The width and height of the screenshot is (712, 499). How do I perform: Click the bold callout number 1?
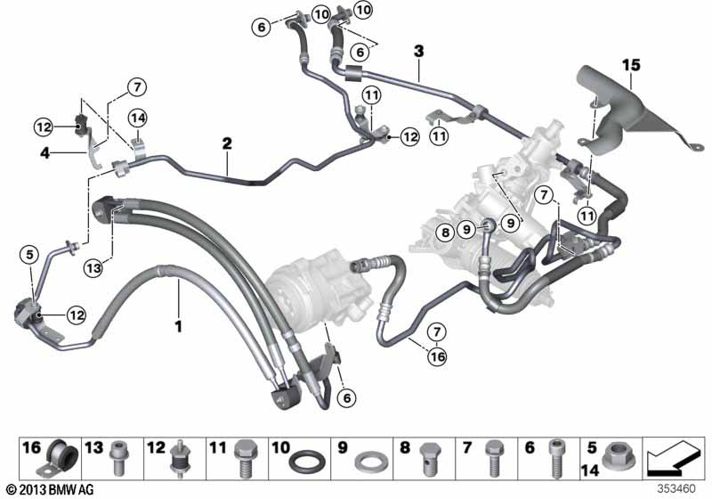tap(179, 326)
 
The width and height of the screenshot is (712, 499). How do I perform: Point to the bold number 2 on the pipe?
tap(227, 144)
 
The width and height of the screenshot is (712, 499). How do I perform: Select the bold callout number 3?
tap(418, 51)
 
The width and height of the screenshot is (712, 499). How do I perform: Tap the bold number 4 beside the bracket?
tap(45, 153)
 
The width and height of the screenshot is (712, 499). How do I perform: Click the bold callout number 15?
tap(631, 65)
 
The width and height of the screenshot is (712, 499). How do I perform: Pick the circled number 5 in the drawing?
tap(29, 255)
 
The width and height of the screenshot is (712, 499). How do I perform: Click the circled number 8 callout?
tap(446, 233)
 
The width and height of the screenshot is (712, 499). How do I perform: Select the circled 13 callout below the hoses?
tap(93, 268)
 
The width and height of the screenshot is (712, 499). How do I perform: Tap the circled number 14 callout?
tap(138, 119)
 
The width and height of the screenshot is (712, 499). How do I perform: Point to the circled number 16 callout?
tap(437, 356)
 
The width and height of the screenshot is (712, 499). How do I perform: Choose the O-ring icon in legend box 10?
tap(307, 462)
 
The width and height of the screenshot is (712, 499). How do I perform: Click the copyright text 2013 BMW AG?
tap(50, 490)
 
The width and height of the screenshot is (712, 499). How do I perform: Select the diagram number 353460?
tap(676, 489)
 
